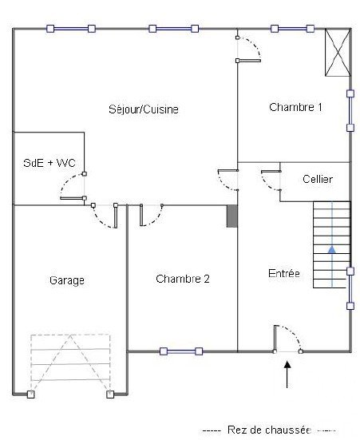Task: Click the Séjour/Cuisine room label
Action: [144, 109]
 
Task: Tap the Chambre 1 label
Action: [295, 107]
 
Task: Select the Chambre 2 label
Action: [183, 279]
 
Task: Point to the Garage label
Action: [67, 280]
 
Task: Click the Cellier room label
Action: [318, 179]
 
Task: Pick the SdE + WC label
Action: [49, 163]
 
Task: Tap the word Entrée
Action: [284, 273]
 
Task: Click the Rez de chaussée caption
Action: [269, 430]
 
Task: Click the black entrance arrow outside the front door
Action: [287, 375]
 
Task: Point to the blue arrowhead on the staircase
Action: [332, 249]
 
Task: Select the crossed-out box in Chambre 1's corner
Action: [338, 53]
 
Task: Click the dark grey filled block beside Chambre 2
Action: [232, 216]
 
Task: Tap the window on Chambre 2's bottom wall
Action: [181, 351]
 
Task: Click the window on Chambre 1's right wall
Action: [350, 110]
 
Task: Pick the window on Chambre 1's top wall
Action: [292, 29]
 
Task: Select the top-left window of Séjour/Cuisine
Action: [71, 29]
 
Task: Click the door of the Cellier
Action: [271, 180]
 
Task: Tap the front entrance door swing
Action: [287, 339]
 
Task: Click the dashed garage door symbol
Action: [70, 365]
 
